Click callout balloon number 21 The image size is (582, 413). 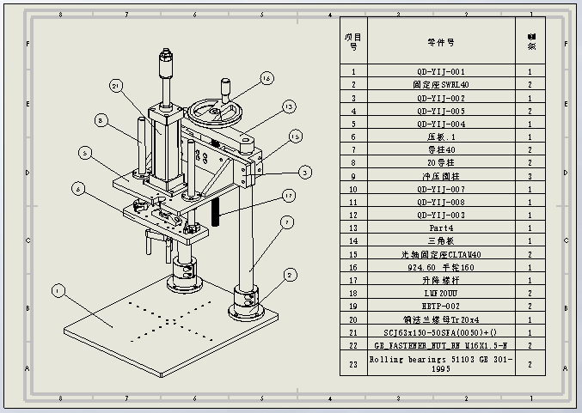116,85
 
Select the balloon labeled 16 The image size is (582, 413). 266,78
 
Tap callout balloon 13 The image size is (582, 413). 290,106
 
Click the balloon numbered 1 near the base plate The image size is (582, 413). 58,291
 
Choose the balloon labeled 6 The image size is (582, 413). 77,189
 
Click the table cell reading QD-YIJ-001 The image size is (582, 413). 441,72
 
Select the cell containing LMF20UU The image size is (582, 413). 441,292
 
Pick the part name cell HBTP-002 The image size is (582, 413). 441,305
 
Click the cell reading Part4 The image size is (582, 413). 441,228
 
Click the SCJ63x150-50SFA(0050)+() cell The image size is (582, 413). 441,331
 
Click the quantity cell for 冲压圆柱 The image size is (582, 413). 530,176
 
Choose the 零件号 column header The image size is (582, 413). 441,41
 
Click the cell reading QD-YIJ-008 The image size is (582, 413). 441,202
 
